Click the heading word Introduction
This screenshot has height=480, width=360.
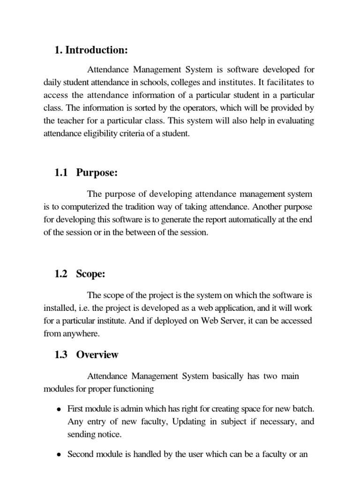(x=97, y=50)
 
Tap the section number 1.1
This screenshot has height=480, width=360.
(x=62, y=173)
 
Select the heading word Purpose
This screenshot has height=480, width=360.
(x=97, y=173)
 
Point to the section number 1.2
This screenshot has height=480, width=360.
(x=62, y=274)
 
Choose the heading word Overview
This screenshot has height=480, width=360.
(x=97, y=355)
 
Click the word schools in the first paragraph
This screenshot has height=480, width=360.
(x=171, y=83)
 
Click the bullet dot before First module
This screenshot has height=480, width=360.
(x=59, y=409)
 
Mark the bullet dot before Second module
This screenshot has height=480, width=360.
(x=59, y=455)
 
